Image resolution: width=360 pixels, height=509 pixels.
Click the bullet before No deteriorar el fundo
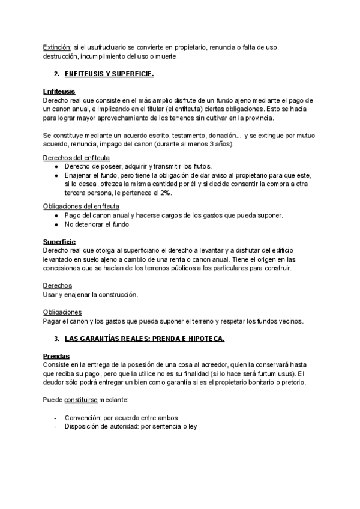pyautogui.click(x=56, y=224)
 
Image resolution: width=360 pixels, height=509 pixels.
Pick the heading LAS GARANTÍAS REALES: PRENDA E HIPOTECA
pyautogui.click(x=144, y=339)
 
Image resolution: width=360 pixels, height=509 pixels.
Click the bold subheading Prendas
pyautogui.click(x=56, y=356)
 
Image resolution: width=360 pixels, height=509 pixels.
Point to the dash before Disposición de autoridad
pyautogui.click(x=56, y=426)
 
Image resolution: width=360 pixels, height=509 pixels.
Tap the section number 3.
pyautogui.click(x=56, y=339)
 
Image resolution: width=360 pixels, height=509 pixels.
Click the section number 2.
pyautogui.click(x=56, y=74)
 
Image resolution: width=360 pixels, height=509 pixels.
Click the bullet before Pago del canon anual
pyautogui.click(x=56, y=215)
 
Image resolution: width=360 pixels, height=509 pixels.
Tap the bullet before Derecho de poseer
pyautogui.click(x=56, y=166)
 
